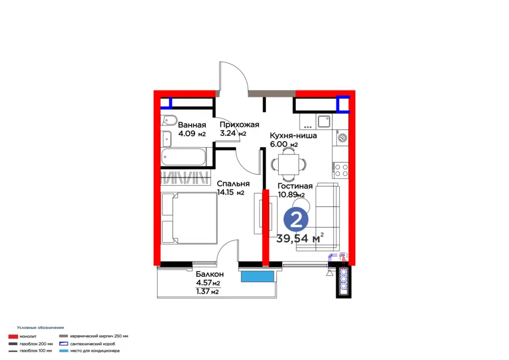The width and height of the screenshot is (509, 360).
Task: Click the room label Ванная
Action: coord(192,125)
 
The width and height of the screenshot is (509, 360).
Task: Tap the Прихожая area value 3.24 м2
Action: coord(233,133)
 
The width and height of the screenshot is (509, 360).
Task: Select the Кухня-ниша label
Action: coord(294,135)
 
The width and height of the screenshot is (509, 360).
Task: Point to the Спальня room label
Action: coord(234,183)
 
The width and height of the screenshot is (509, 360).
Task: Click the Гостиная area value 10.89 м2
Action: coord(291,195)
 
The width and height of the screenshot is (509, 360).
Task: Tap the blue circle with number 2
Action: coord(296,220)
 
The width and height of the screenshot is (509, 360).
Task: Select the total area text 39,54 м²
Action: coord(300,238)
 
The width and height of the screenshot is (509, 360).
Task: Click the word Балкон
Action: coord(210,274)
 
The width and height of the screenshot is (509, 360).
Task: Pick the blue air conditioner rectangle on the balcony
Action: coord(257,276)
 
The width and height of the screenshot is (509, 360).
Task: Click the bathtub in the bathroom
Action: coord(183,157)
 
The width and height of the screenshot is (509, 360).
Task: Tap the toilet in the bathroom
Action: coord(169,120)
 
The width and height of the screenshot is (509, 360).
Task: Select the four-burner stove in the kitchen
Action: coord(340,170)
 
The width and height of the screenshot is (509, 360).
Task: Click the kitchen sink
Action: coord(324,121)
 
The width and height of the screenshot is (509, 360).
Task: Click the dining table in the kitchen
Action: coord(288,164)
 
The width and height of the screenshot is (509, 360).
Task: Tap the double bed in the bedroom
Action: coord(189,218)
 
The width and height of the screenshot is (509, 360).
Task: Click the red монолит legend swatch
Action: coord(13,337)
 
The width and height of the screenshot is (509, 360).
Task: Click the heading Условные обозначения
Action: coord(41,328)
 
